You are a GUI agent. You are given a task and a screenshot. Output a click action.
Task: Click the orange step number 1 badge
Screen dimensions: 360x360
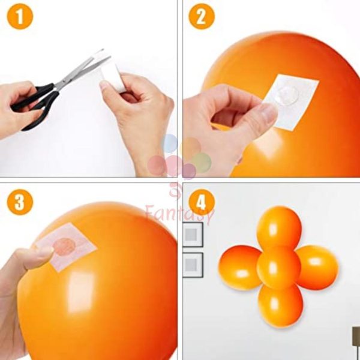[20, 17]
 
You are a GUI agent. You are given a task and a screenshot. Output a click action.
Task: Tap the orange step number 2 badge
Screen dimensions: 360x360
[202, 17]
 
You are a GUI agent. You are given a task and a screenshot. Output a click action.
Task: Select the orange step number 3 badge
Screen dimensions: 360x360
[20, 202]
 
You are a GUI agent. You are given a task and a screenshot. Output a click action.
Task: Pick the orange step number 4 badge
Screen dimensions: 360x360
[202, 202]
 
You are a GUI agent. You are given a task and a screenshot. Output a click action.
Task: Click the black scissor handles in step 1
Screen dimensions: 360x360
[34, 103]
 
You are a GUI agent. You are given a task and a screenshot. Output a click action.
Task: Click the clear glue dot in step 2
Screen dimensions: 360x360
[288, 96]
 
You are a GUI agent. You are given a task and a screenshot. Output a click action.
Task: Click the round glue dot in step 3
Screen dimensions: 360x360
[64, 247]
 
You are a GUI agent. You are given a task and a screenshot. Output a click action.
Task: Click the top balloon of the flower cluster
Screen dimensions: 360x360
[279, 227]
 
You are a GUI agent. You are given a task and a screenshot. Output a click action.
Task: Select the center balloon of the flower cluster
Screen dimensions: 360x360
[279, 267]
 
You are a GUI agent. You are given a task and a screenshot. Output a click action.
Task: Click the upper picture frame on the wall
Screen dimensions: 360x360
[193, 235]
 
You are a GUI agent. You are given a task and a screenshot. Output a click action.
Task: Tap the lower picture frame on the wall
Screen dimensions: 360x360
[193, 265]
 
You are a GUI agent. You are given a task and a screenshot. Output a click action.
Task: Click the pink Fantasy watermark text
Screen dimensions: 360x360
[180, 214]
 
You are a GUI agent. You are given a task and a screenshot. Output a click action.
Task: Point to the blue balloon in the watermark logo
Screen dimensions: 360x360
[170, 143]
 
